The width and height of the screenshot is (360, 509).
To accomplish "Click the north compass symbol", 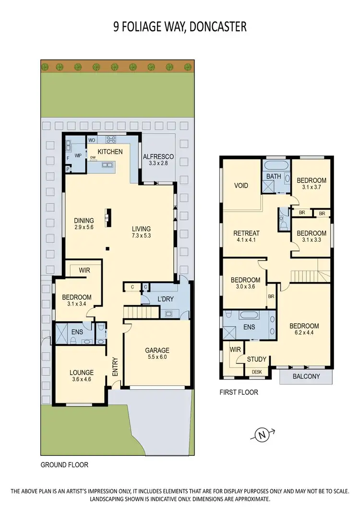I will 262,436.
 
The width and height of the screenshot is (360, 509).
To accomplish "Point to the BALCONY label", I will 306,376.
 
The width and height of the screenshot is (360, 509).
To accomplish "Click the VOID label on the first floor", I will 240,185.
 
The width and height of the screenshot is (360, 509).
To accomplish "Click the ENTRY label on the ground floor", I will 115,367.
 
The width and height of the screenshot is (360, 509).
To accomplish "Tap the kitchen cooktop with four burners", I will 111,140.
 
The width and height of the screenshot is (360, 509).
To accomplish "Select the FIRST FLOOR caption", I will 239,392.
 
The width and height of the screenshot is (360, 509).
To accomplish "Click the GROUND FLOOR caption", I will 64,464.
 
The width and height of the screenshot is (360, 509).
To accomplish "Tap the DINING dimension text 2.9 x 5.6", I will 84,228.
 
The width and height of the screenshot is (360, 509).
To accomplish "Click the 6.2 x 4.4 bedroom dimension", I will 304,333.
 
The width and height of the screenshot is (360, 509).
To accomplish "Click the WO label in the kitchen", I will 91,140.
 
